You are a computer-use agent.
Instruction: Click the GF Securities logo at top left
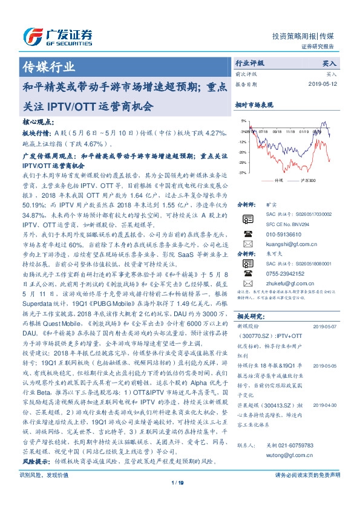coord(57,36)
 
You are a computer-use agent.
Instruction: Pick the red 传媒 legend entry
coord(276,180)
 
